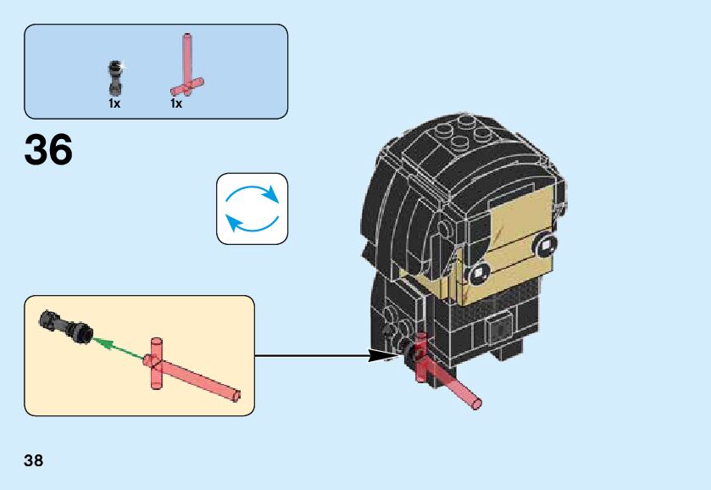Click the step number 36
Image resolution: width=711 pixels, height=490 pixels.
pos(48,151)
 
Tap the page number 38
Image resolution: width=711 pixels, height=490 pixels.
pos(34,461)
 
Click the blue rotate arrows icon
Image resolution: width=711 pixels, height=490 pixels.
pos(252,209)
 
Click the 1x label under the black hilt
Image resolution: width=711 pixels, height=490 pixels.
pos(114,103)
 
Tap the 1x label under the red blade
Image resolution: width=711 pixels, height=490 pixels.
pos(176,103)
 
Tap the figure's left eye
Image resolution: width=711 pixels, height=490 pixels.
pos(479,271)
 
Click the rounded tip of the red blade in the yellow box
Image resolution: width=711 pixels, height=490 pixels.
pos(238,394)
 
